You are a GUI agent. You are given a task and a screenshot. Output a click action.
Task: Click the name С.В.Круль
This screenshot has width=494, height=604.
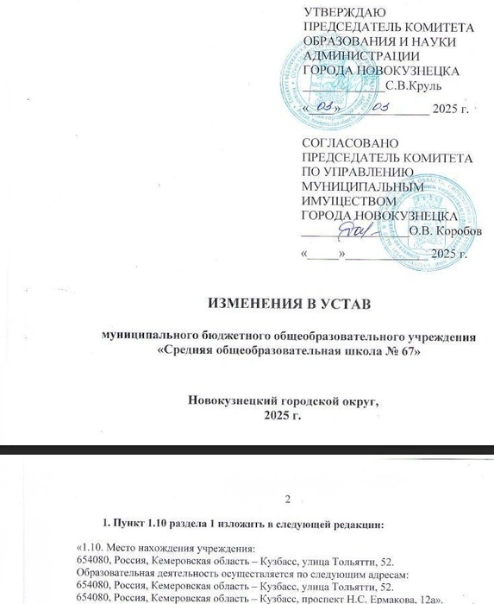coord(413,85)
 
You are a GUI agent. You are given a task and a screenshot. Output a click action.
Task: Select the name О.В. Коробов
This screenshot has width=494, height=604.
coord(436,230)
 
